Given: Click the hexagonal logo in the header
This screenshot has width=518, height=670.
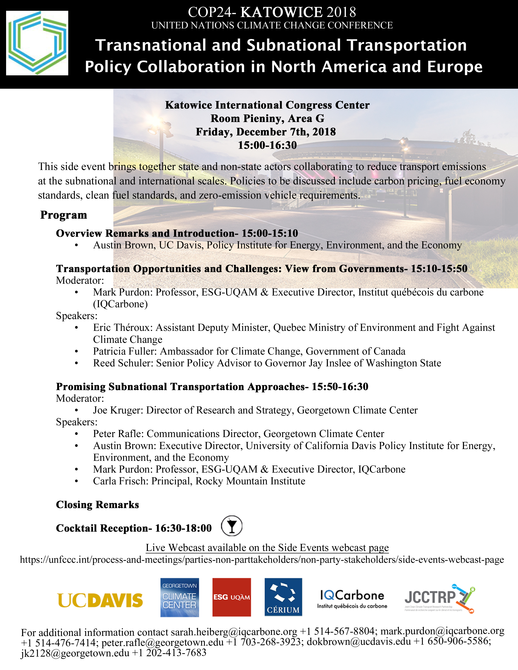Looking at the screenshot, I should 37,43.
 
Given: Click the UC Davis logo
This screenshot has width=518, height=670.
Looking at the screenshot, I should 100,600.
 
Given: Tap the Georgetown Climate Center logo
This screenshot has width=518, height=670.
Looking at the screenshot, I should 180,598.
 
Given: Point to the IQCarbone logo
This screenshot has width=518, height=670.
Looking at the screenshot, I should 352,599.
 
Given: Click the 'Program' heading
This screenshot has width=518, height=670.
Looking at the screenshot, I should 64,215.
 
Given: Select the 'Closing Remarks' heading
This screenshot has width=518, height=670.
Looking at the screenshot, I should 97,505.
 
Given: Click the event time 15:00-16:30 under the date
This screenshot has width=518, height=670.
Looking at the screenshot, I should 267,145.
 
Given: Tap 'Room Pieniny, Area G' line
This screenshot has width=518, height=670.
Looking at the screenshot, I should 267,118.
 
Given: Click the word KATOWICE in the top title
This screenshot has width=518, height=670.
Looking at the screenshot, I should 281,12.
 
